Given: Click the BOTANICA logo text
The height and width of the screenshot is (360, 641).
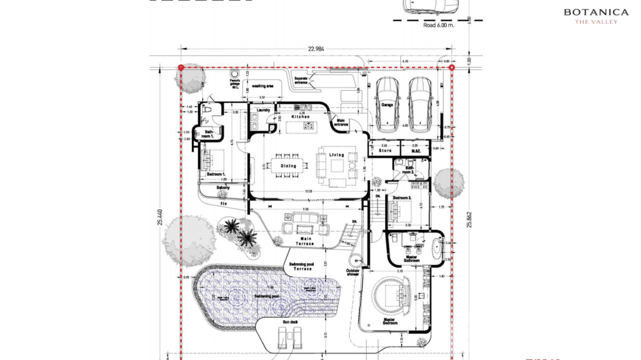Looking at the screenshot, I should (596, 12).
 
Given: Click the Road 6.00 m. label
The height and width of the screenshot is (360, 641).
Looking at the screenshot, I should (438, 25).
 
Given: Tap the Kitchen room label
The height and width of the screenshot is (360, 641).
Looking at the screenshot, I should (300, 116).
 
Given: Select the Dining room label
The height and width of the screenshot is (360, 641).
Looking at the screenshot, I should (288, 166).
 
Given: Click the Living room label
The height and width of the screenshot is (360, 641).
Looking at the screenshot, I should (336, 155).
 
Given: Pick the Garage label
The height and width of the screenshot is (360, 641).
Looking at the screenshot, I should (387, 105).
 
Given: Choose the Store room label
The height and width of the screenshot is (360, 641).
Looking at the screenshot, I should (385, 151).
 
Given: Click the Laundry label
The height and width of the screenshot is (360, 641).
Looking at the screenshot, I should (263, 110).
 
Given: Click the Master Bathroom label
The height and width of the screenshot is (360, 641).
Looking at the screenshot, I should (411, 258).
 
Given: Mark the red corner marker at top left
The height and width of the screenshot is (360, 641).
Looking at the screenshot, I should (181, 68).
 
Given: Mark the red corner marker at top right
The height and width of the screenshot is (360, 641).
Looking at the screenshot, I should (452, 68).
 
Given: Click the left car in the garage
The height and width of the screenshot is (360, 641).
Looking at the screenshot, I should (388, 105).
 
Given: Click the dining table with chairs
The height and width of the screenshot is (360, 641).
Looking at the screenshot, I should (287, 166).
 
